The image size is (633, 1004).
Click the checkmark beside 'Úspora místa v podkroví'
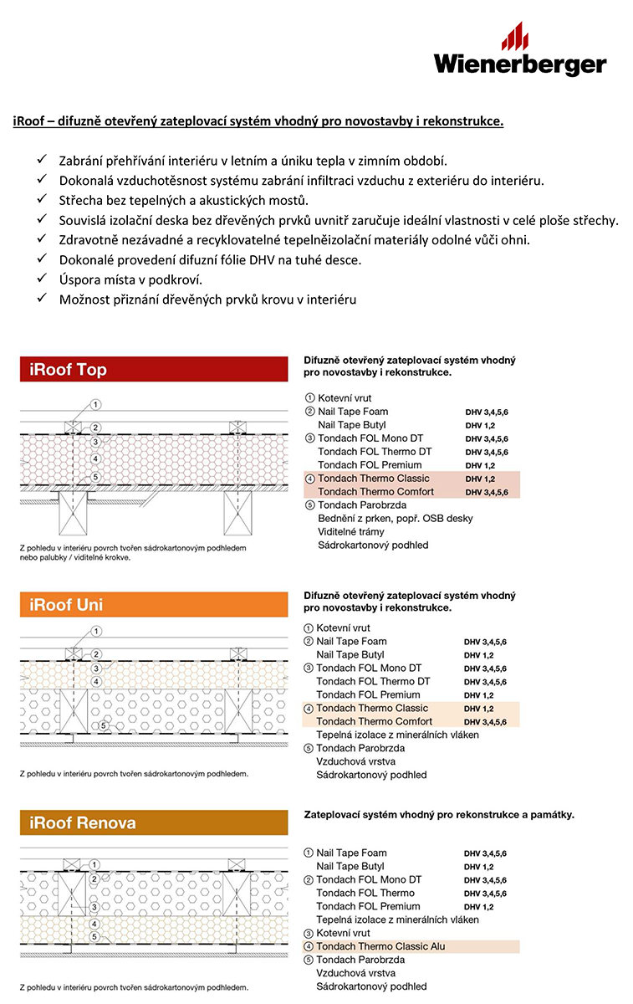[42, 279]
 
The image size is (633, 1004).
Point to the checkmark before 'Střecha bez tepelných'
[42, 200]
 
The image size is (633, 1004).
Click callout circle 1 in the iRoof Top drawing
[95, 405]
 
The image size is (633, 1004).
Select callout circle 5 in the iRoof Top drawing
[95, 477]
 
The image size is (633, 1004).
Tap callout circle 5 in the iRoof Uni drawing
[104, 726]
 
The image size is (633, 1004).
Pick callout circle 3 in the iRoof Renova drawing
[95, 907]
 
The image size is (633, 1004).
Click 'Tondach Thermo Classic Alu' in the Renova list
[380, 946]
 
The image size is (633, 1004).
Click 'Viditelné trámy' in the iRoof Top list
[351, 531]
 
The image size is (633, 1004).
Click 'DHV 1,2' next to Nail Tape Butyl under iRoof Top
[480, 426]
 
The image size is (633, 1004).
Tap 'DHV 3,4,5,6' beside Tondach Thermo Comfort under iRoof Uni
[485, 722]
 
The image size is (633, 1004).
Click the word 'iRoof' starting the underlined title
[28, 121]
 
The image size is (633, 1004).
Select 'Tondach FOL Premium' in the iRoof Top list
[370, 464]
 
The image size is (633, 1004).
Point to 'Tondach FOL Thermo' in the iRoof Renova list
[365, 893]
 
